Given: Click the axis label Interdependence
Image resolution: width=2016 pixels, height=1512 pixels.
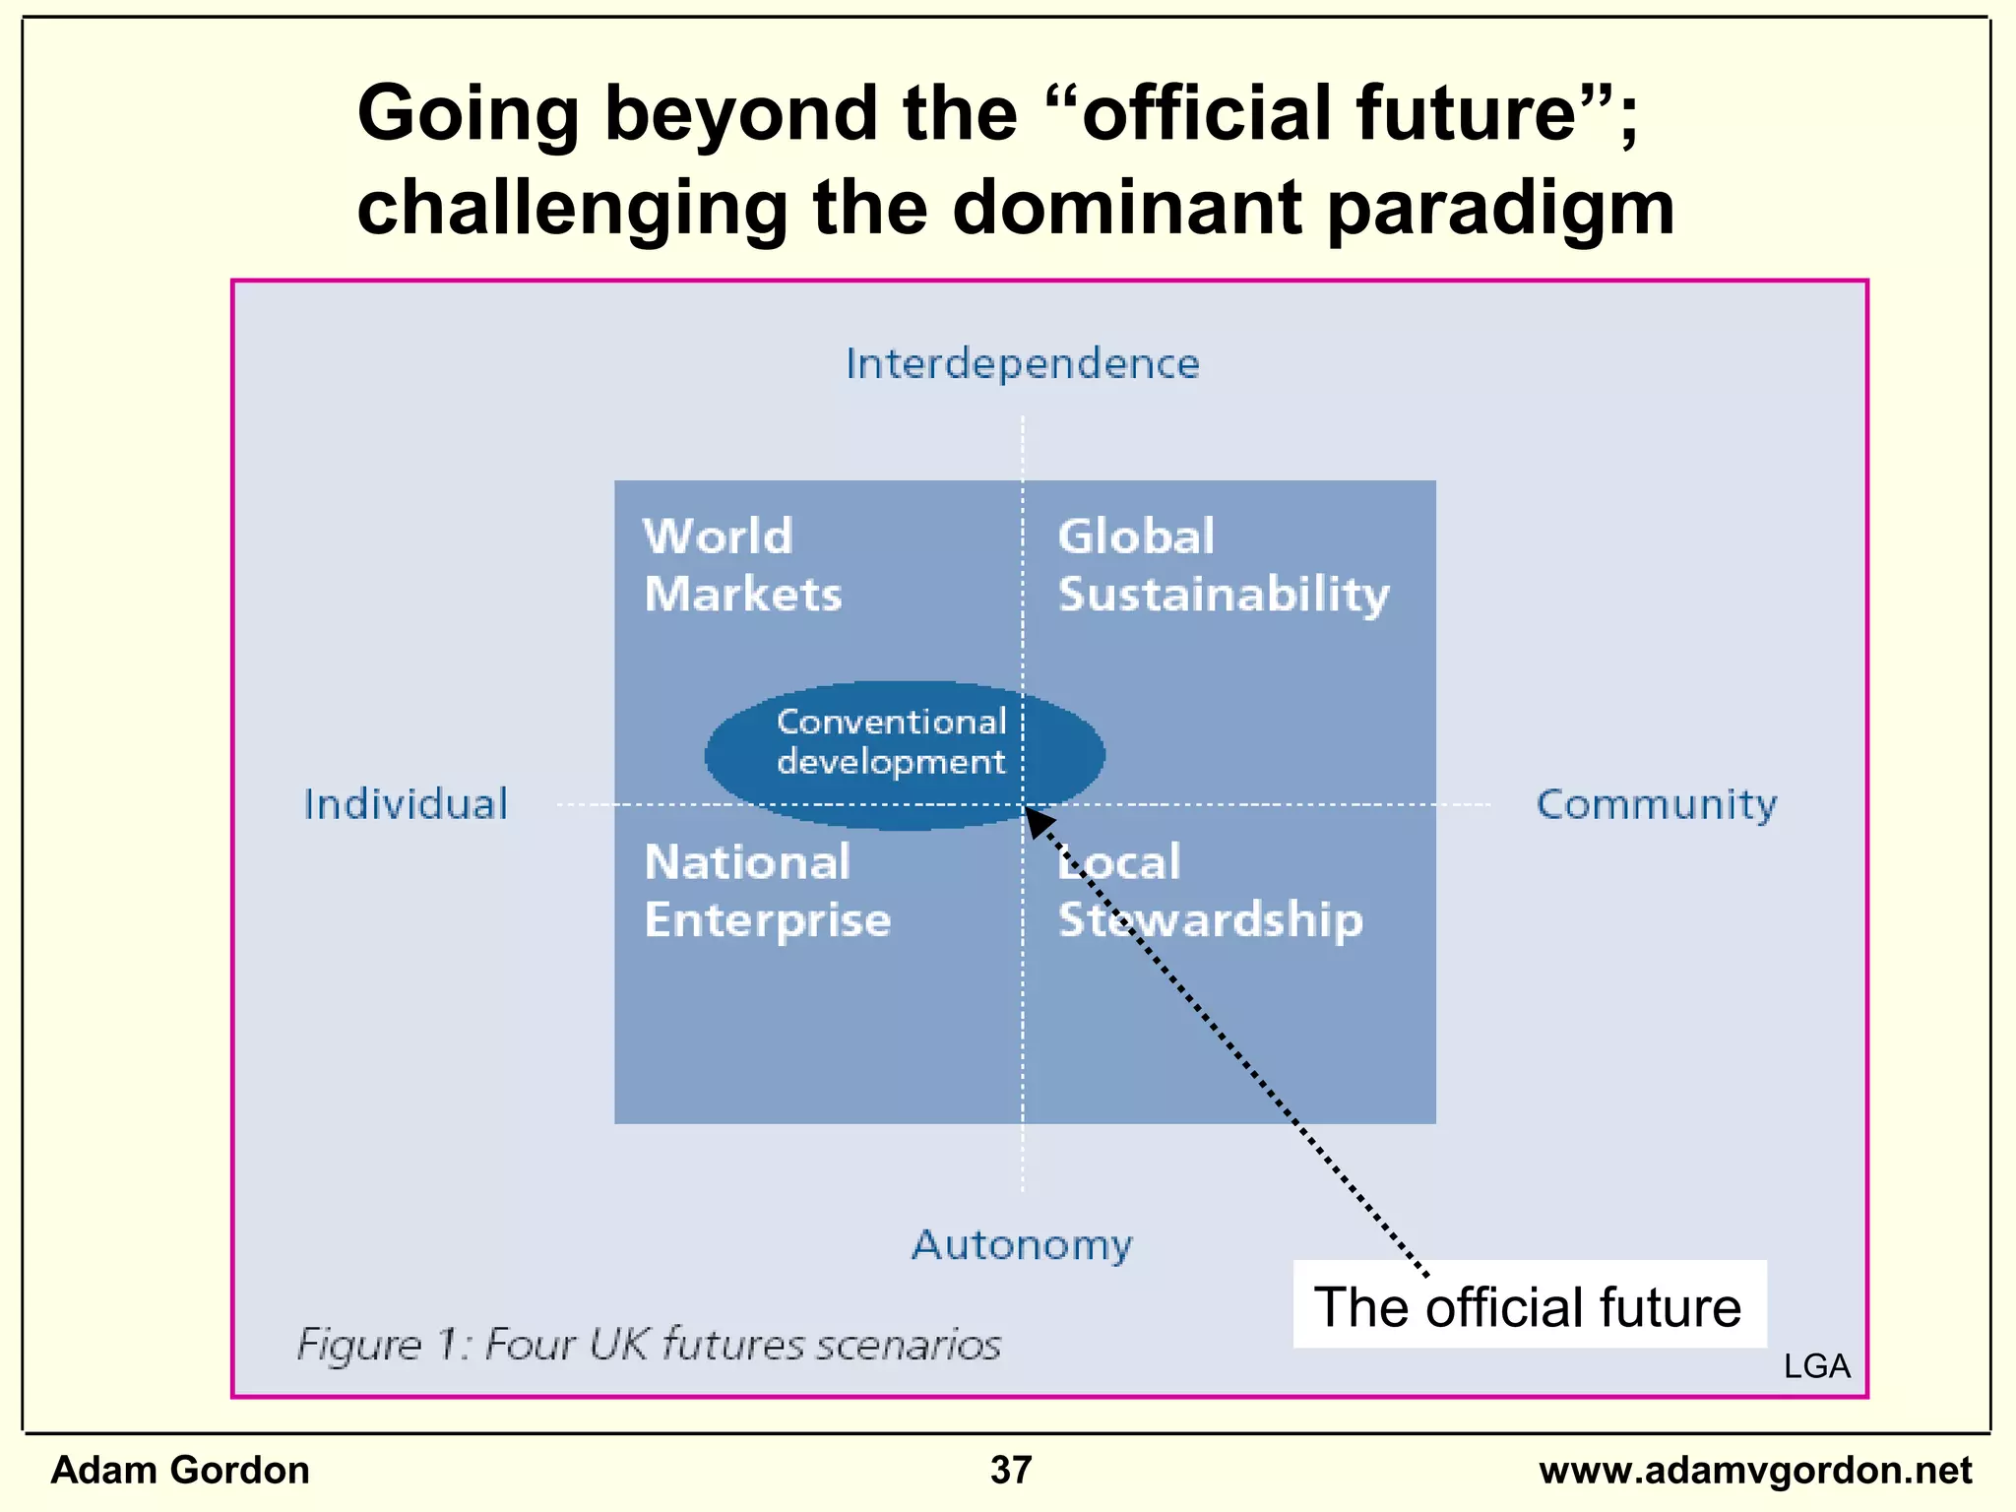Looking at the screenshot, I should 1023,364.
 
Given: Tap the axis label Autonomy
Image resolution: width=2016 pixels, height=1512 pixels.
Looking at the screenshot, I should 1022,1245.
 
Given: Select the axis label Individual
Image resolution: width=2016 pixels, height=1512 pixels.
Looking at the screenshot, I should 406,804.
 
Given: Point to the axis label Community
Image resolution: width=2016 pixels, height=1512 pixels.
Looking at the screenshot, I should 1657,804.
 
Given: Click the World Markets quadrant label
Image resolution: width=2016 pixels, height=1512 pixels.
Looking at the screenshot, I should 742,565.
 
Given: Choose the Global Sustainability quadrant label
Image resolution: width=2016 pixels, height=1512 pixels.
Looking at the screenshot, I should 1223,566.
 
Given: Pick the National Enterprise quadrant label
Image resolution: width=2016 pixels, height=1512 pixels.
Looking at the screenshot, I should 767,891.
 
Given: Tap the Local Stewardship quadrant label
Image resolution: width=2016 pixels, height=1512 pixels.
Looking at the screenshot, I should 1210,891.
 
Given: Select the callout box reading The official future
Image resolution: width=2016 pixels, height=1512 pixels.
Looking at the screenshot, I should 1529,1306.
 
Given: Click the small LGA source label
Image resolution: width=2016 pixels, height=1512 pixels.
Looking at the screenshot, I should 1816,1366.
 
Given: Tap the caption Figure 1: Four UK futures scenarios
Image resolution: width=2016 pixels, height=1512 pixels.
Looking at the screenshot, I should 649,1345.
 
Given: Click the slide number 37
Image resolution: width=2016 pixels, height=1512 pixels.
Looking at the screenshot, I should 1011,1470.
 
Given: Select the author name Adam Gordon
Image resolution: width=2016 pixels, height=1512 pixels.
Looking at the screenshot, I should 180,1470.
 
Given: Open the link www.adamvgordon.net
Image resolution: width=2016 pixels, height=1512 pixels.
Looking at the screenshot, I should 1755,1470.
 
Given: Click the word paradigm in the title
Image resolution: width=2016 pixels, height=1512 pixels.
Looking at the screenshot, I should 1500,209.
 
